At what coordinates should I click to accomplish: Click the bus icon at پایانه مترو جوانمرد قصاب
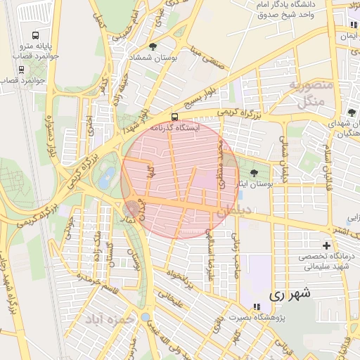36,36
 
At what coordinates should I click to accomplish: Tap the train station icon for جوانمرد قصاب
21,69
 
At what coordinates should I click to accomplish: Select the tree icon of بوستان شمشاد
153,46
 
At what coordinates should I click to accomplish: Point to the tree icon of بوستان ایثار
254,173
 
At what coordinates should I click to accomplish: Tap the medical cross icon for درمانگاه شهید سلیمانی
326,245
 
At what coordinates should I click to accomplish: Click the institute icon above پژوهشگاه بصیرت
257,307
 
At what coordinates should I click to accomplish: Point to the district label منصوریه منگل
306,92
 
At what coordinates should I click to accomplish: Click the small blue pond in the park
106,179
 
